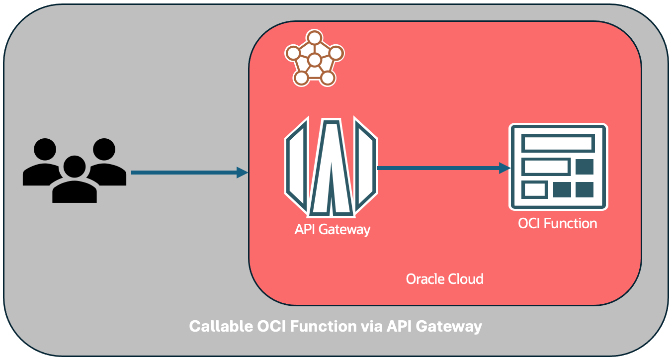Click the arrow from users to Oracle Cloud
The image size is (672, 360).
click(189, 173)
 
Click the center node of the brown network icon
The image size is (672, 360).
click(314, 61)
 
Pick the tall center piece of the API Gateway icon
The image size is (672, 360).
click(331, 167)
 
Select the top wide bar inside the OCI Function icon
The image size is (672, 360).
click(558, 143)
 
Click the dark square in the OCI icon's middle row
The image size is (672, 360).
click(585, 167)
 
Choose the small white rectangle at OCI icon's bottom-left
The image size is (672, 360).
click(535, 189)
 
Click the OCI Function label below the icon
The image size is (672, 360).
click(557, 224)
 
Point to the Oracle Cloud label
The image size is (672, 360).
click(444, 279)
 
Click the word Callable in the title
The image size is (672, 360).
click(220, 327)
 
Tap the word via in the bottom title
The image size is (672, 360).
click(368, 327)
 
